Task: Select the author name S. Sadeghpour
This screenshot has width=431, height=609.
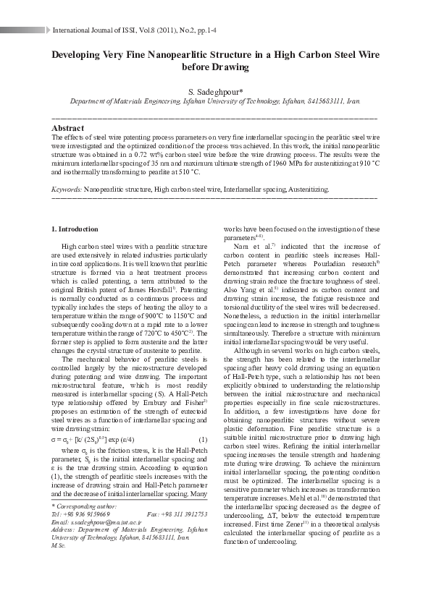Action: coord(215,92)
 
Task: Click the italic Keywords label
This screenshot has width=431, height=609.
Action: coord(67,189)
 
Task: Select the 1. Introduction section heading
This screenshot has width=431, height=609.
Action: coord(75,229)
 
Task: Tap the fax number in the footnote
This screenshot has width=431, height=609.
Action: coord(182,514)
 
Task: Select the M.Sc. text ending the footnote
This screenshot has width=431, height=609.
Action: coord(58,544)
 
